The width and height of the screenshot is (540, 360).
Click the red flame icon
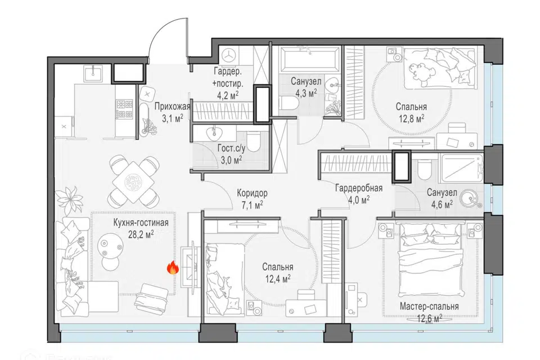click(x=173, y=267)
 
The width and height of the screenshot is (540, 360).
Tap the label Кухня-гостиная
click(x=141, y=223)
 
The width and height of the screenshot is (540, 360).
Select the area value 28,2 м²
click(x=141, y=235)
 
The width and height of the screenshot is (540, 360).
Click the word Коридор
click(x=252, y=193)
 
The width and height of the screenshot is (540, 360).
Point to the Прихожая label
click(x=172, y=106)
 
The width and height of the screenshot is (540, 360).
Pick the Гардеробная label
click(x=359, y=188)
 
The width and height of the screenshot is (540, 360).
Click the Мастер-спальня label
click(x=429, y=306)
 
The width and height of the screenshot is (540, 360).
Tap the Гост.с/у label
click(x=231, y=148)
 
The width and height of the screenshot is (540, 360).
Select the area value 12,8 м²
click(x=412, y=119)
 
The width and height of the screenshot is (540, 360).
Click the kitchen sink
click(x=93, y=73)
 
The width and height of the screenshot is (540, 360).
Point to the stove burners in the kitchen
click(x=124, y=109)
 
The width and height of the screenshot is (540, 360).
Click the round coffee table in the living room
click(x=110, y=245)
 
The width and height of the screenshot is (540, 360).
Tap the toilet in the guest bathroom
click(x=254, y=141)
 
